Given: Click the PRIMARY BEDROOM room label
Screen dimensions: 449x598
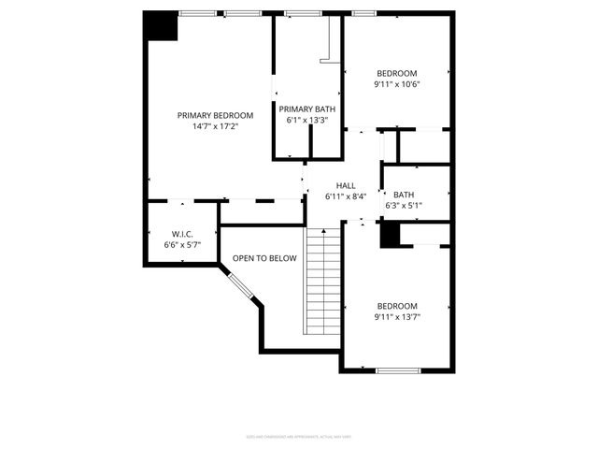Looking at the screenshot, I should tap(215, 116).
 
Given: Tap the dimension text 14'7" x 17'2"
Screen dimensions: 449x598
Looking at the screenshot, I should tap(215, 126).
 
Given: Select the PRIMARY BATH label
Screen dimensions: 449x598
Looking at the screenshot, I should tap(307, 109).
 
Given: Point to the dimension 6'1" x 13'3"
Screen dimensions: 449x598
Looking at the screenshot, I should tap(307, 120).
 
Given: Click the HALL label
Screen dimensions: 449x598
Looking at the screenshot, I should tap(346, 186).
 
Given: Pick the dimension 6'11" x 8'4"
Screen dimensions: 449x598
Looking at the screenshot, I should tap(346, 196).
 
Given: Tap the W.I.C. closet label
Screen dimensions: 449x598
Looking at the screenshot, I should tap(181, 234).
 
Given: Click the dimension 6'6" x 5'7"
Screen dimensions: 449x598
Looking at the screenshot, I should tap(181, 244).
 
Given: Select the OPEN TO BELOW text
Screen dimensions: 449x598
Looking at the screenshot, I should tap(264, 258).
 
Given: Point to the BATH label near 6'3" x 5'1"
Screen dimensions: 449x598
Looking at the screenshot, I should tap(404, 195).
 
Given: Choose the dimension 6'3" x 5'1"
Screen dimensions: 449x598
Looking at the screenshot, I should tap(404, 205).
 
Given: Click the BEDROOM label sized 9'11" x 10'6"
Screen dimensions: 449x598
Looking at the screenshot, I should tap(396, 74).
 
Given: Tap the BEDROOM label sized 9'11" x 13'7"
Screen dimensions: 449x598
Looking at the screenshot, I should tap(396, 306).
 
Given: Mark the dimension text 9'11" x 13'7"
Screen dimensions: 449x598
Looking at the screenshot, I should tap(396, 316).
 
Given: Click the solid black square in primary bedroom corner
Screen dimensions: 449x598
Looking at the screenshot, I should tap(161, 26).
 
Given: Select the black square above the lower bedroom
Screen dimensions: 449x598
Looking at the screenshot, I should tap(389, 235).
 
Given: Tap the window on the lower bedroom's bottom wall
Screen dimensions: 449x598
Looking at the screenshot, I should tap(397, 370).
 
